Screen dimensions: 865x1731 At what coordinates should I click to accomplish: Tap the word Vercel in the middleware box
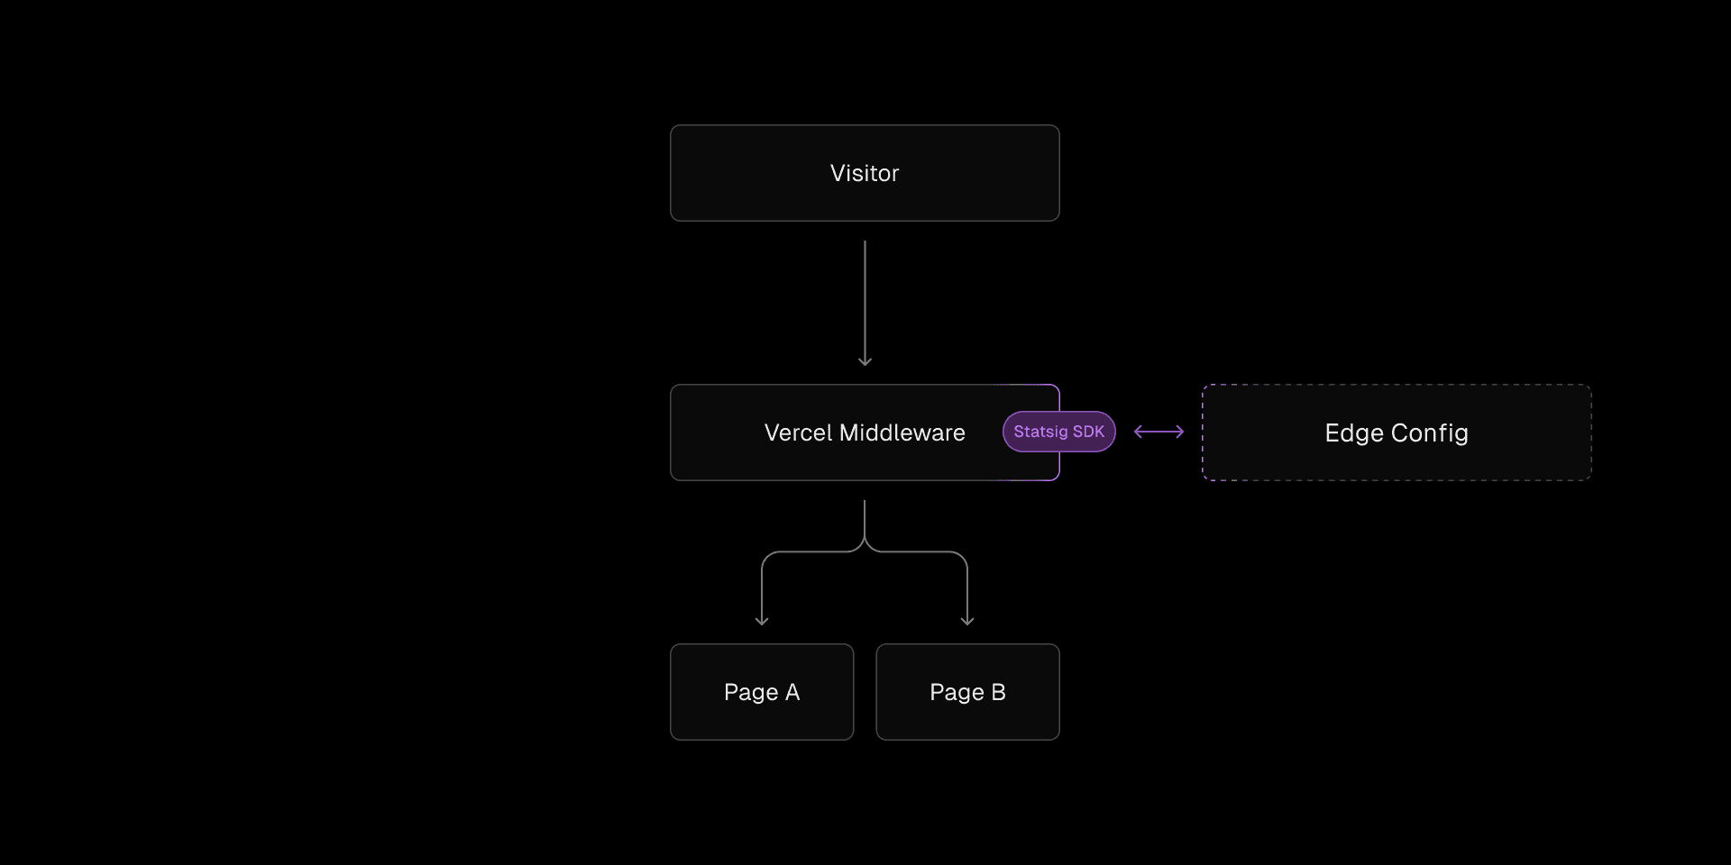point(798,432)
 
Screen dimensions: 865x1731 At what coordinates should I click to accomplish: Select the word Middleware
point(902,432)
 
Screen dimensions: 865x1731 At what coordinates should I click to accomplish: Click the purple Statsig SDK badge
point(1059,432)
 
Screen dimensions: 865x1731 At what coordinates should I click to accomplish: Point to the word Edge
point(1354,433)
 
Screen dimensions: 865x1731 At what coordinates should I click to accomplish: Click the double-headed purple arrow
point(1159,432)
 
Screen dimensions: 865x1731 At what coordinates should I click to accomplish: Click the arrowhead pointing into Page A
point(762,621)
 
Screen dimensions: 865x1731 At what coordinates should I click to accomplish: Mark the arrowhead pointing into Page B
point(967,621)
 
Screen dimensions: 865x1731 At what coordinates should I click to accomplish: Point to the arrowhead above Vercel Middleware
point(865,361)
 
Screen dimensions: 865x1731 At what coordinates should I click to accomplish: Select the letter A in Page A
point(792,692)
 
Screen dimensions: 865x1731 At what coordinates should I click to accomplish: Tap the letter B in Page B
point(998,692)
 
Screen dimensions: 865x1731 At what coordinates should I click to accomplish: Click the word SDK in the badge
point(1088,432)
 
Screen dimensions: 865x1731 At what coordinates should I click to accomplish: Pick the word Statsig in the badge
point(1040,432)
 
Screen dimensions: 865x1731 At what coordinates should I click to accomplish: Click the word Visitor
point(865,173)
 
